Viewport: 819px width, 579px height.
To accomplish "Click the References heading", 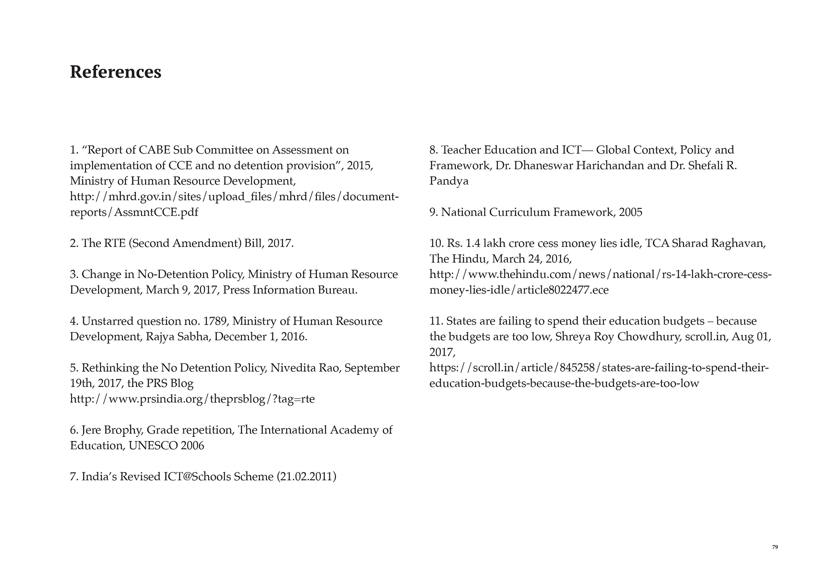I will click(115, 72).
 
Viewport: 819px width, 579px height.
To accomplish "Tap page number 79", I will click(775, 547).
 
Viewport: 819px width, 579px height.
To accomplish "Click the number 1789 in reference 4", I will click(216, 321).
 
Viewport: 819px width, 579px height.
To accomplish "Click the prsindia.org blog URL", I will click(192, 399).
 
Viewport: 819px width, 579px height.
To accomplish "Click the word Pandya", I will click(449, 181).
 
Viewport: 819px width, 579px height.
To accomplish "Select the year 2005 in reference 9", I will click(631, 212).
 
